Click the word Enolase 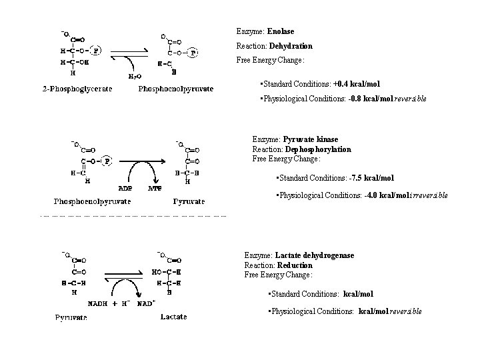pyautogui.click(x=280, y=31)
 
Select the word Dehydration pyautogui.click(x=291, y=46)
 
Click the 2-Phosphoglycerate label pyautogui.click(x=77, y=89)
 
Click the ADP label pyautogui.click(x=125, y=188)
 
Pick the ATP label pyautogui.click(x=154, y=188)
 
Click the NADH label pyautogui.click(x=100, y=303)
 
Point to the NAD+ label pyautogui.click(x=146, y=303)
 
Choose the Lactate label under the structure pyautogui.click(x=174, y=317)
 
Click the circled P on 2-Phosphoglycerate pyautogui.click(x=97, y=49)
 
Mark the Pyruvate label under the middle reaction pyautogui.click(x=189, y=201)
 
